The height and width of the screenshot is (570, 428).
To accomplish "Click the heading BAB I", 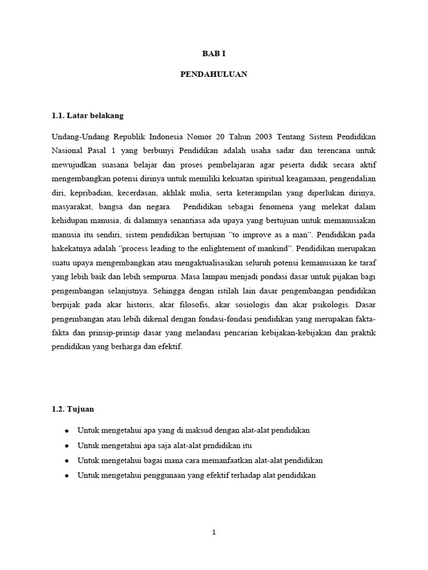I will point(214,54).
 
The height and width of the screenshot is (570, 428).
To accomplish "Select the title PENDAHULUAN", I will point(214,74).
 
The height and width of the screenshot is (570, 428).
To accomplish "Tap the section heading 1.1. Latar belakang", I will point(87,116).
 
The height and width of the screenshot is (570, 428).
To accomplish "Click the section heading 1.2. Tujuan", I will point(73,409).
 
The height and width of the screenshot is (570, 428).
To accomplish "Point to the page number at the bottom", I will point(214,532).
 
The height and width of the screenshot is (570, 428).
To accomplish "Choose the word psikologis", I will point(330,305).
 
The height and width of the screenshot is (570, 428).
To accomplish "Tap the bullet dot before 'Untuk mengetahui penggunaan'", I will point(67,475).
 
